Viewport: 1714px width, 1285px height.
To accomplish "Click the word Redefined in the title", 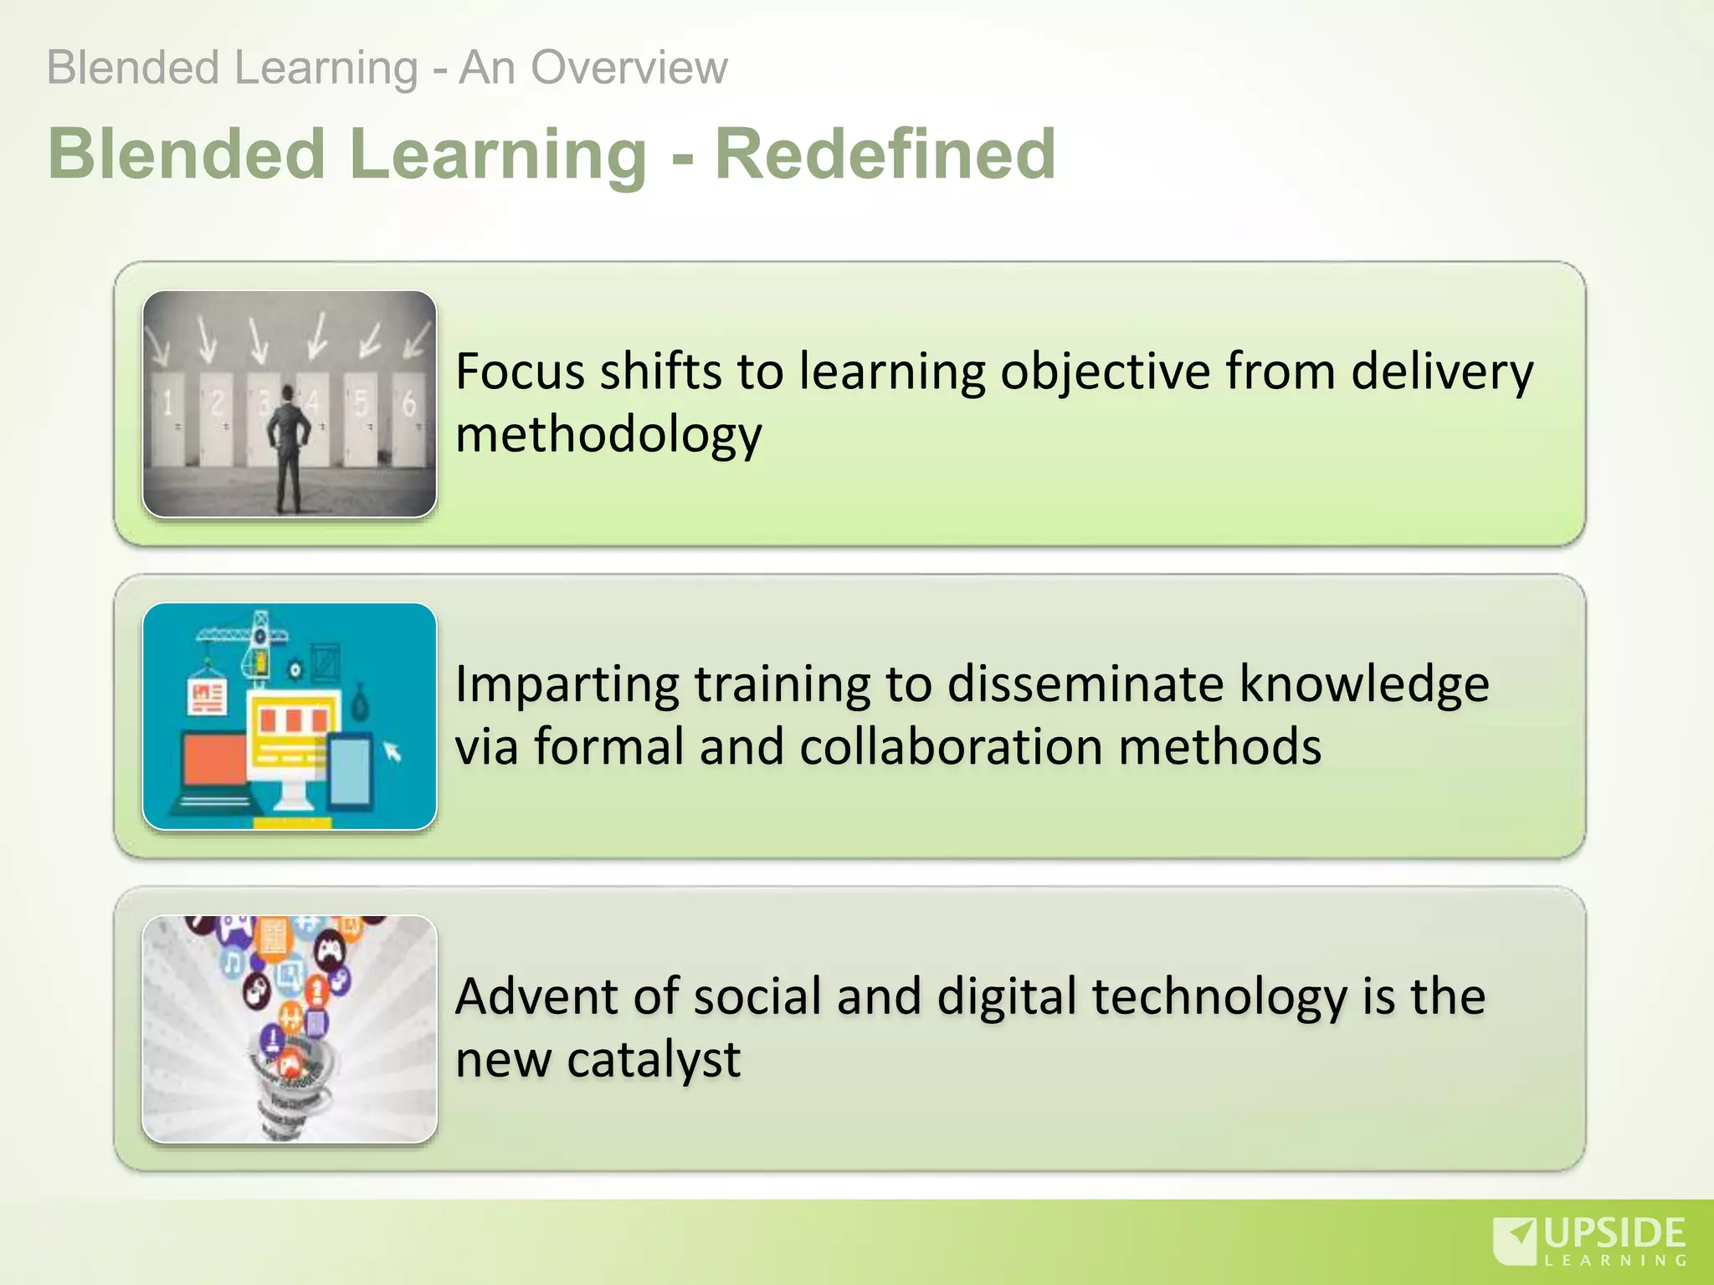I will point(885,155).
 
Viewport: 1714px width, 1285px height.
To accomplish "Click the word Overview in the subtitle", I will point(629,68).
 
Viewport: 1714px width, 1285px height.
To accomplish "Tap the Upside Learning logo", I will point(1590,1241).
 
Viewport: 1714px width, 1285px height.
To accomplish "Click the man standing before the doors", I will point(289,448).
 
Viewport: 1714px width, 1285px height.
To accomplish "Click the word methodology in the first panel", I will point(608,435).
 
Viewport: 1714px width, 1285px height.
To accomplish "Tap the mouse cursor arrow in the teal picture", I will point(393,752).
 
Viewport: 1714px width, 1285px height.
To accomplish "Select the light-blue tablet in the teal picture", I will point(351,770).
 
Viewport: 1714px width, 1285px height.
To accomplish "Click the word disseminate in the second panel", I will point(1085,684).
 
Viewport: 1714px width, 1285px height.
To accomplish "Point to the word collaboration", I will point(951,747).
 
